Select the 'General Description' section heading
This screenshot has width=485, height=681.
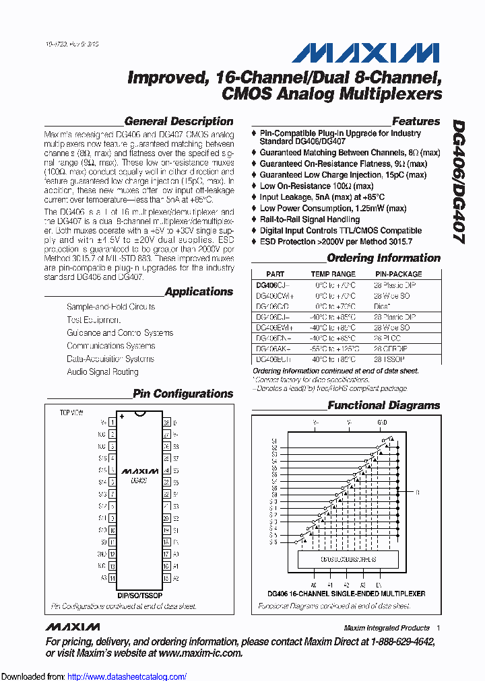(179, 122)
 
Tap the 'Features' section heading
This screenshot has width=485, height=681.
(416, 122)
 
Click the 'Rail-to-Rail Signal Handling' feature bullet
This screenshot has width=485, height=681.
(309, 219)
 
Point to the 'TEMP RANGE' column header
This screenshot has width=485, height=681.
(333, 275)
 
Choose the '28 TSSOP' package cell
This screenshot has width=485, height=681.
(390, 360)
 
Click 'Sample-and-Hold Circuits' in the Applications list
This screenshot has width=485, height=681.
(110, 307)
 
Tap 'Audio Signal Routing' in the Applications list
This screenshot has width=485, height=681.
(102, 371)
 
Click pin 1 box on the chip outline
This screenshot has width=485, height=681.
(112, 422)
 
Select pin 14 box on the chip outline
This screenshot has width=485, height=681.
(112, 578)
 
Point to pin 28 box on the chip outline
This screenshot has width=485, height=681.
(166, 422)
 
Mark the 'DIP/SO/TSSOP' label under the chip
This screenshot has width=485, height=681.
(139, 596)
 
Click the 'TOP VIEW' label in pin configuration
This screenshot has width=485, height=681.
(71, 412)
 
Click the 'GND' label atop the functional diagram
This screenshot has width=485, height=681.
(382, 423)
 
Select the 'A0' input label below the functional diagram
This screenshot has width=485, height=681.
(313, 585)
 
